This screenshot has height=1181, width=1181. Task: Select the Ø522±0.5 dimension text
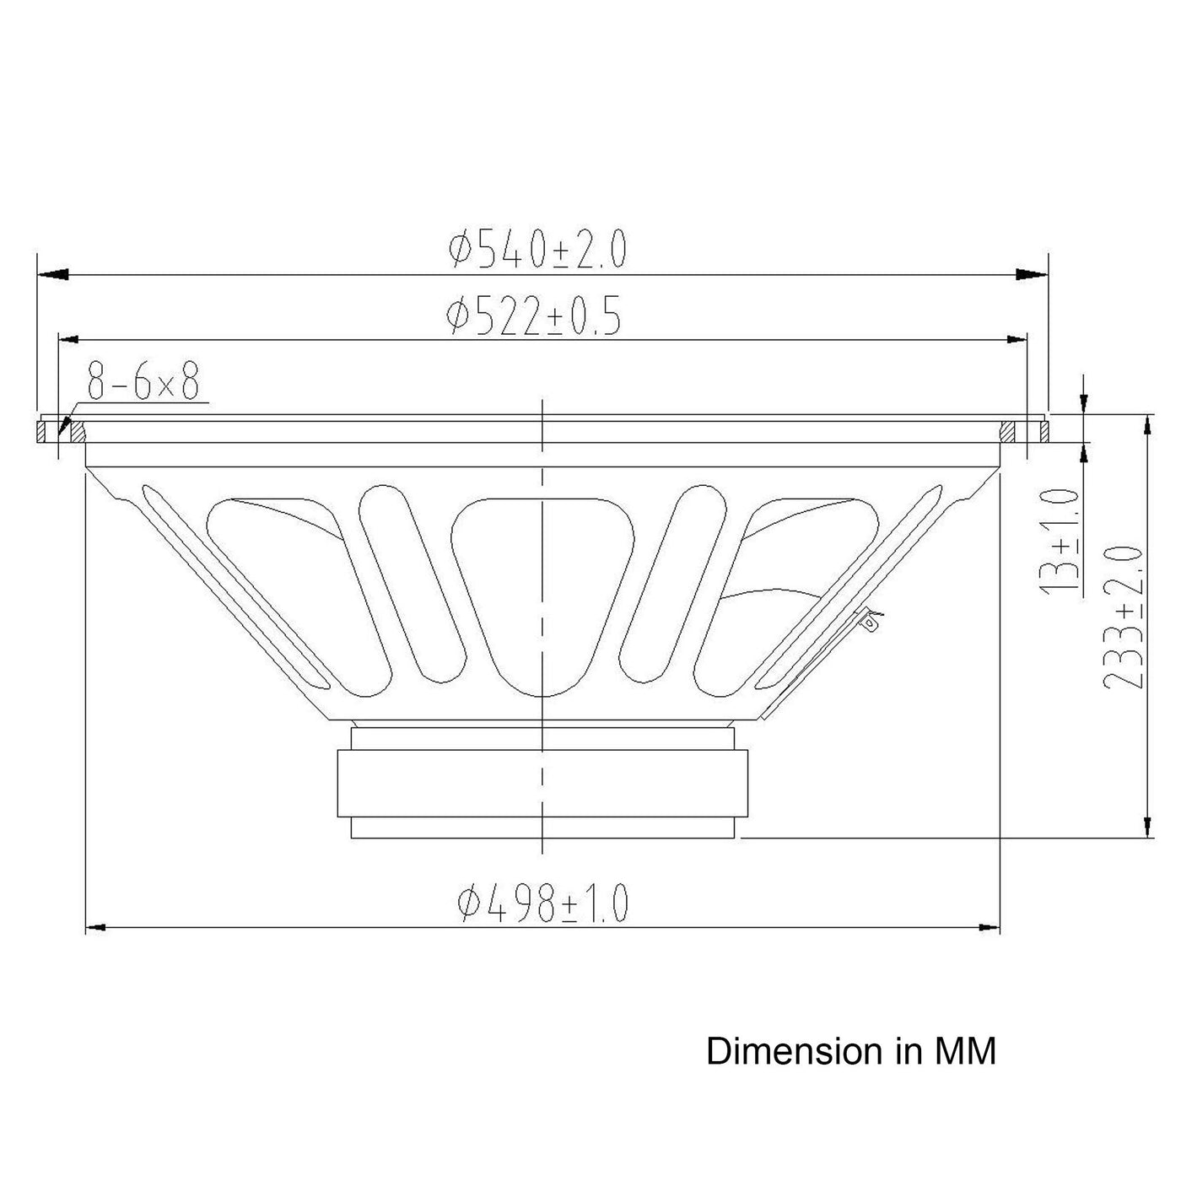pyautogui.click(x=534, y=315)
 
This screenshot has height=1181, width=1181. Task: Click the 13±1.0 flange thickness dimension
pyautogui.click(x=1059, y=542)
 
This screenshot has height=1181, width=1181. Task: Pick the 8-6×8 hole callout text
pyautogui.click(x=143, y=380)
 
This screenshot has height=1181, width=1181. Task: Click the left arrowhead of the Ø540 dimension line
pyautogui.click(x=52, y=274)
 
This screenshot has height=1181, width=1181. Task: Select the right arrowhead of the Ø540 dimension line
pyautogui.click(x=1033, y=274)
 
